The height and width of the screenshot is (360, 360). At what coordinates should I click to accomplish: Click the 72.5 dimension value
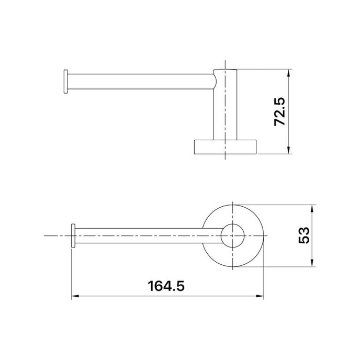(279, 112)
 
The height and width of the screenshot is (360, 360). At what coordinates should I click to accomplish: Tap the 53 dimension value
(304, 235)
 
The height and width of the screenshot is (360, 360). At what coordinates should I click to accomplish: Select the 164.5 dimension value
(166, 286)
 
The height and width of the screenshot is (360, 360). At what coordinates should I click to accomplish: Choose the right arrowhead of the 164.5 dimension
(260, 296)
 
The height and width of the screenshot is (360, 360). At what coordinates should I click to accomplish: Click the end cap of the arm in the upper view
(65, 82)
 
